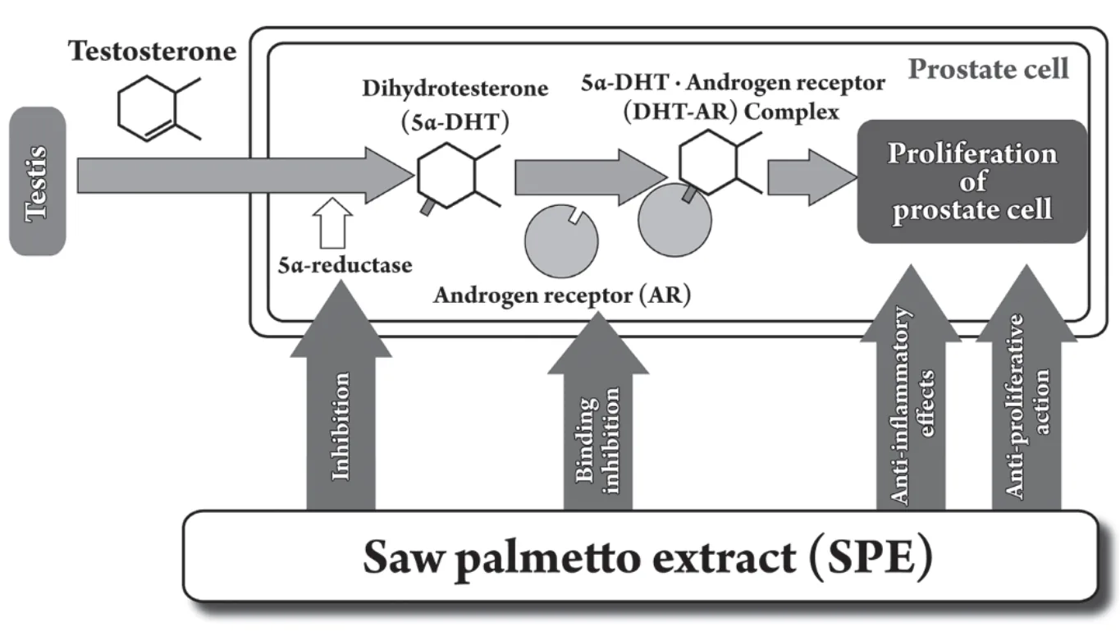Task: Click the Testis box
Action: pos(38,181)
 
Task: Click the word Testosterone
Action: pos(152,51)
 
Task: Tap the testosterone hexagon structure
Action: pos(158,109)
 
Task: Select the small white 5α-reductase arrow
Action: pos(332,223)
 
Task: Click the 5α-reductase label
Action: pos(345,265)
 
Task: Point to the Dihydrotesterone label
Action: pos(455,88)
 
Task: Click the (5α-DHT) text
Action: pos(455,121)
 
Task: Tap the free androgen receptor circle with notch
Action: pos(561,241)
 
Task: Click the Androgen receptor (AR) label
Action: pos(562,295)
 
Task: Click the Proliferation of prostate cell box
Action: pos(972,181)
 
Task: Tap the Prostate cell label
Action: pos(989,68)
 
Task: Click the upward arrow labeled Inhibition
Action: pos(341,395)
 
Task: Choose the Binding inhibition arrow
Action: pos(598,411)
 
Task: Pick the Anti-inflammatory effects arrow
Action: pos(911,388)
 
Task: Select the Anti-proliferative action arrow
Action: pos(1026,388)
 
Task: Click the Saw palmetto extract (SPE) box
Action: pos(641,556)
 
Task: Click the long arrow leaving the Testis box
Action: pos(246,176)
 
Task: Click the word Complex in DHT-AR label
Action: pos(792,112)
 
